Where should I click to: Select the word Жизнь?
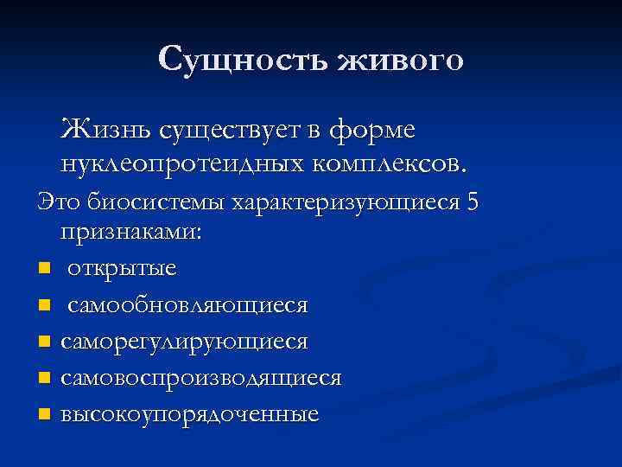(103, 131)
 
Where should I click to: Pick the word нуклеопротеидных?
(176, 162)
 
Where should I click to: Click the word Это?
(57, 202)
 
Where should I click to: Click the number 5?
(472, 202)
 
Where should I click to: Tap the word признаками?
(130, 234)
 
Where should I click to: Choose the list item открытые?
(122, 268)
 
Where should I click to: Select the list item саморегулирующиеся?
(184, 342)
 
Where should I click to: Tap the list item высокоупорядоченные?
(189, 414)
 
